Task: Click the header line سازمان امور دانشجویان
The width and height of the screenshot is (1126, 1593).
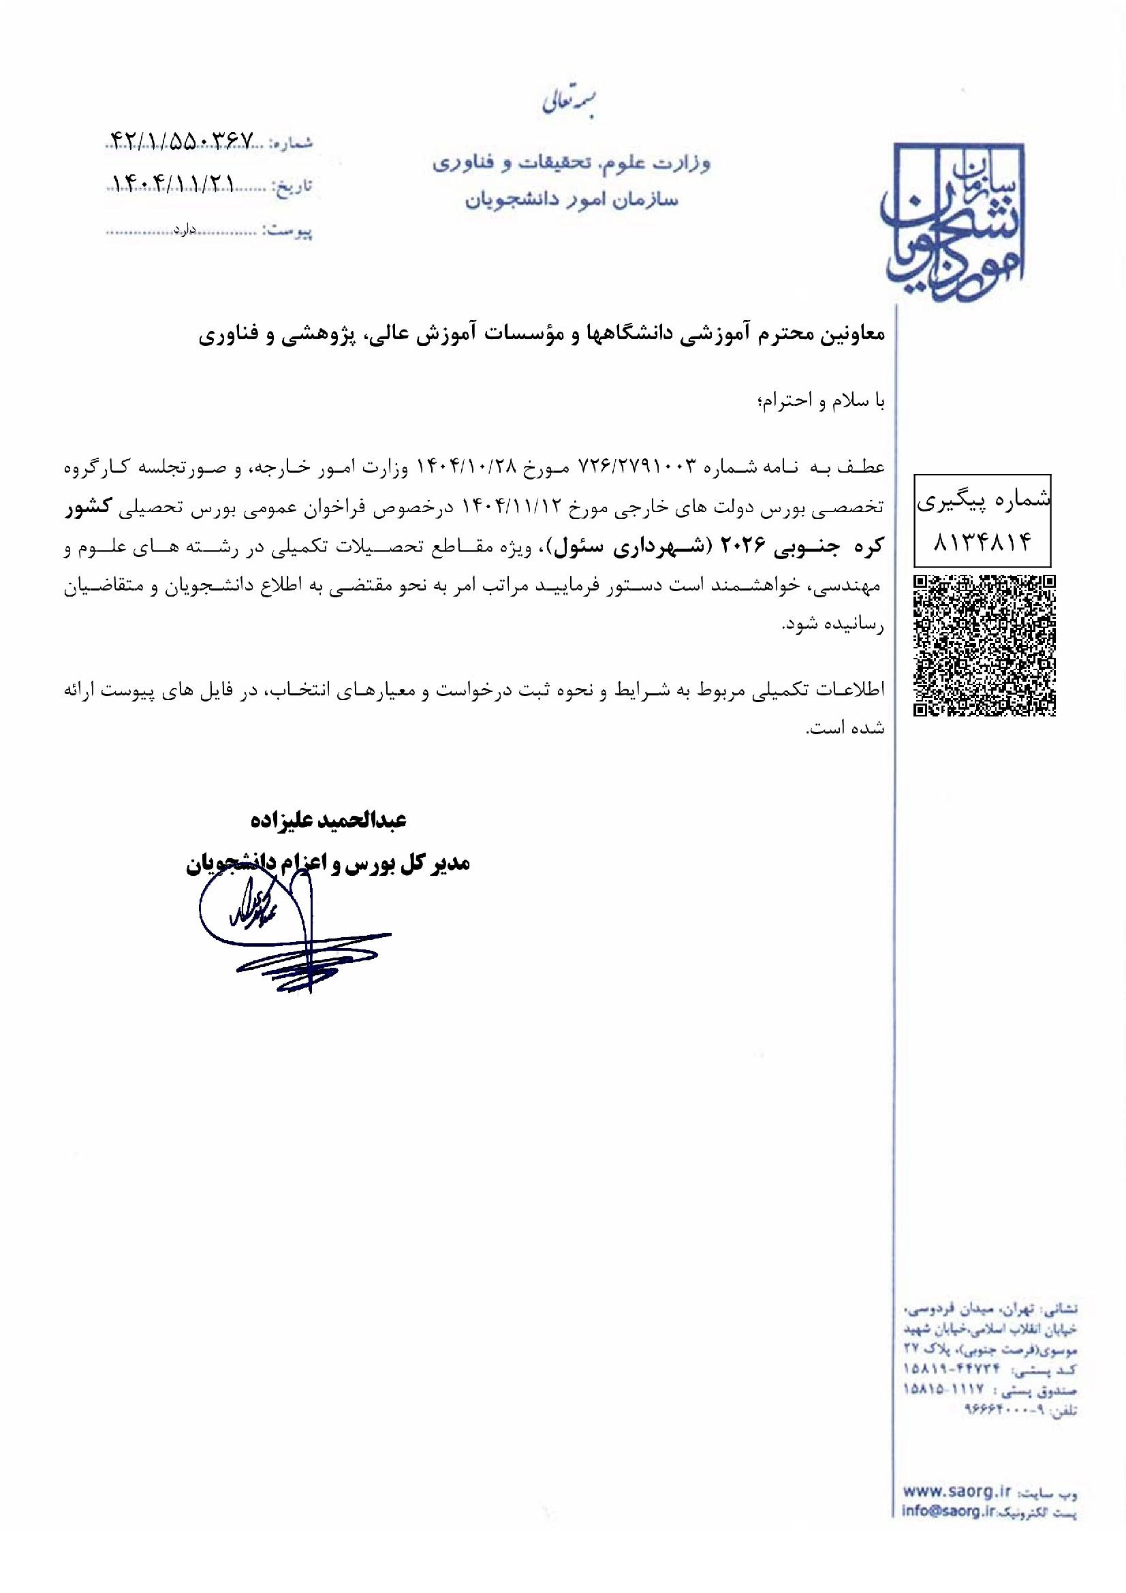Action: tap(569, 200)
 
